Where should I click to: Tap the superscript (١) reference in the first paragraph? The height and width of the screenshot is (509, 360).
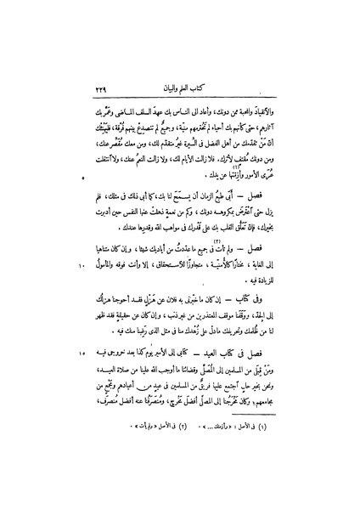pos(227,171)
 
